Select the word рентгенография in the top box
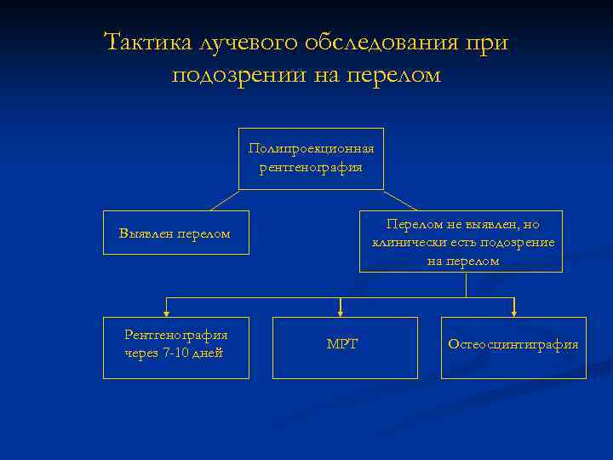pos(311,167)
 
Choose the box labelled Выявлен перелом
pos(175,233)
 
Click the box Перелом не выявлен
pos(461,241)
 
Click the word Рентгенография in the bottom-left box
pos(175,336)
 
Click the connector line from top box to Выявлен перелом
pos(224,200)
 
